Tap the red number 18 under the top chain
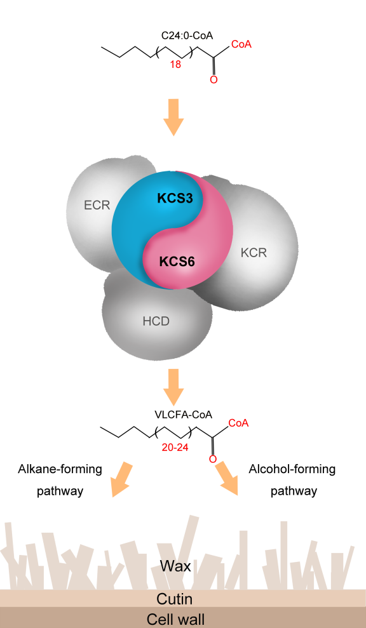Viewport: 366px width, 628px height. [x=175, y=64]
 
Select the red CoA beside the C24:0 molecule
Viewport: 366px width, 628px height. [x=241, y=44]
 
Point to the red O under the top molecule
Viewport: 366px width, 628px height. [x=213, y=80]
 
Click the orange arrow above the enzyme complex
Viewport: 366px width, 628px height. [x=173, y=117]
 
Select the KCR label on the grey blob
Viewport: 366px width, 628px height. [x=254, y=253]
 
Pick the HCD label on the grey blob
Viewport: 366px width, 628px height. [x=156, y=321]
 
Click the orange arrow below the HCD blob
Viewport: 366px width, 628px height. [x=173, y=384]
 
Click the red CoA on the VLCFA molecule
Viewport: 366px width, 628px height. [x=238, y=422]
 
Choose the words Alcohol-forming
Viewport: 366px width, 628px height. [x=292, y=469]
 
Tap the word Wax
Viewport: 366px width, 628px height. [x=175, y=565]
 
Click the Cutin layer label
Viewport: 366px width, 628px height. [x=174, y=598]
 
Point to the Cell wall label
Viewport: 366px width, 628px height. [x=175, y=618]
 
